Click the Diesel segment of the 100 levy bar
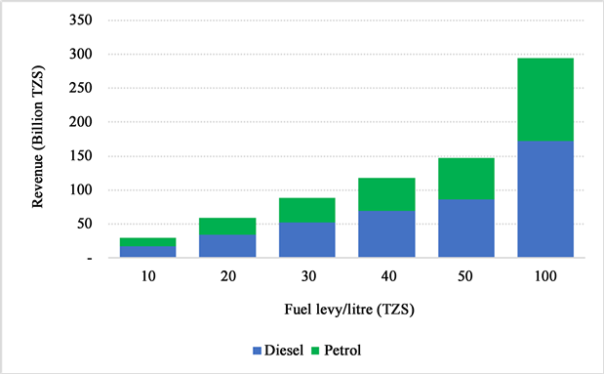tap(545, 199)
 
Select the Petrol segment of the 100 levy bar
tap(545, 100)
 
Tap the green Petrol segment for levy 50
tap(465, 179)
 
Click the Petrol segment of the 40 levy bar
tap(385, 194)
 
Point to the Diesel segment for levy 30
tap(306, 240)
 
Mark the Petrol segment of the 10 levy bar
tap(147, 242)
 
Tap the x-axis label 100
tap(545, 277)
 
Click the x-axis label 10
tap(147, 277)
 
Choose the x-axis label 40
tap(385, 277)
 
